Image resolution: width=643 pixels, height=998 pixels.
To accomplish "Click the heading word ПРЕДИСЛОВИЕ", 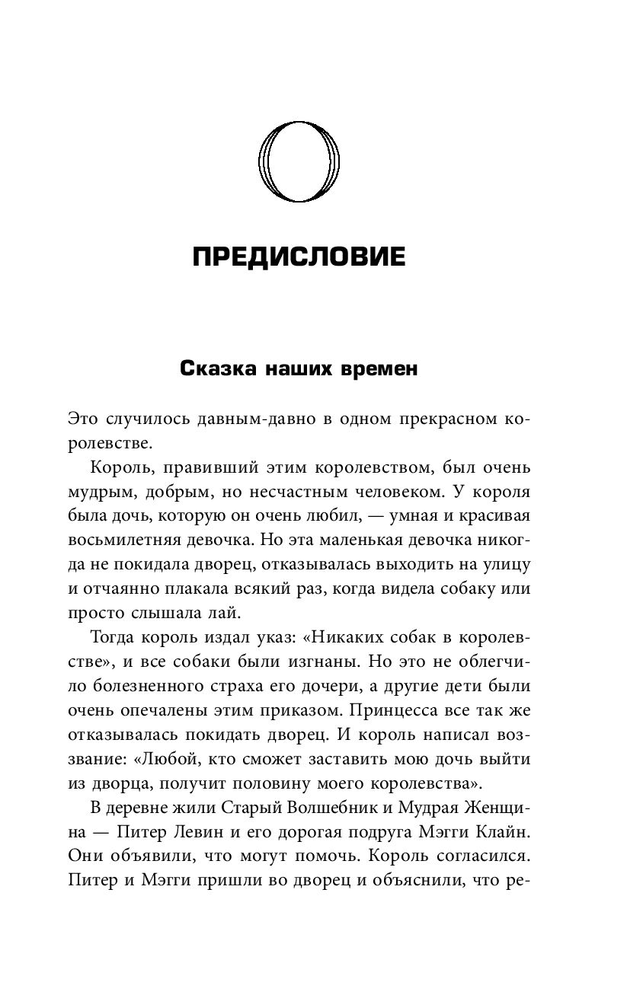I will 299,257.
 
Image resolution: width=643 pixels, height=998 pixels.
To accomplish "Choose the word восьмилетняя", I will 125,540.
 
